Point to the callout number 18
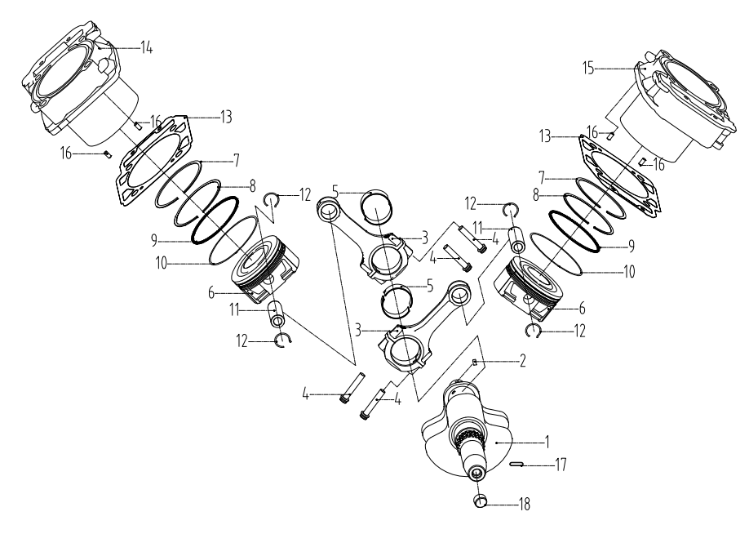522,504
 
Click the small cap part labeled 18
481,500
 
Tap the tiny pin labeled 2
474,360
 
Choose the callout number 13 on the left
225,117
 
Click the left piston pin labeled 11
279,314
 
